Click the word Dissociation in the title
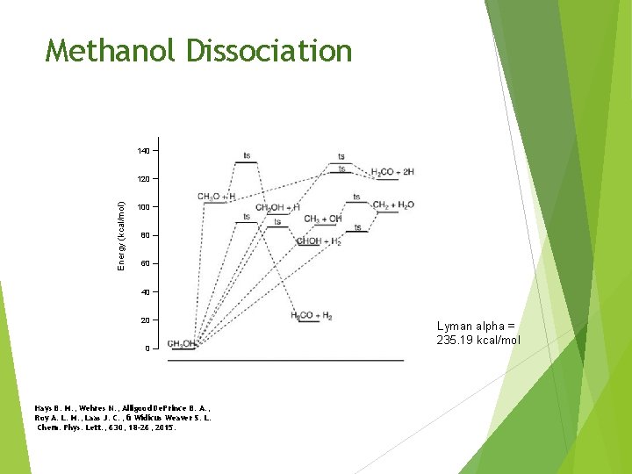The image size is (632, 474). click(x=269, y=51)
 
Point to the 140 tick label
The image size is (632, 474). click(x=143, y=151)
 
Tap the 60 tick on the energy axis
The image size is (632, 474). click(x=146, y=263)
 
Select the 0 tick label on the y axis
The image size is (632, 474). click(x=147, y=348)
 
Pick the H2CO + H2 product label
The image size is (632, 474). click(x=312, y=315)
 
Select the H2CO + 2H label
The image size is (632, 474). click(x=392, y=172)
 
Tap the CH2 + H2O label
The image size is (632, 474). click(x=392, y=205)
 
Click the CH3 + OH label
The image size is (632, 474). click(x=323, y=219)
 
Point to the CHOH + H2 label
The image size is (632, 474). click(x=319, y=241)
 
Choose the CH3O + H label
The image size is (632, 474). click(x=216, y=197)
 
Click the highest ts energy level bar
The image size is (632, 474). click(x=247, y=162)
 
